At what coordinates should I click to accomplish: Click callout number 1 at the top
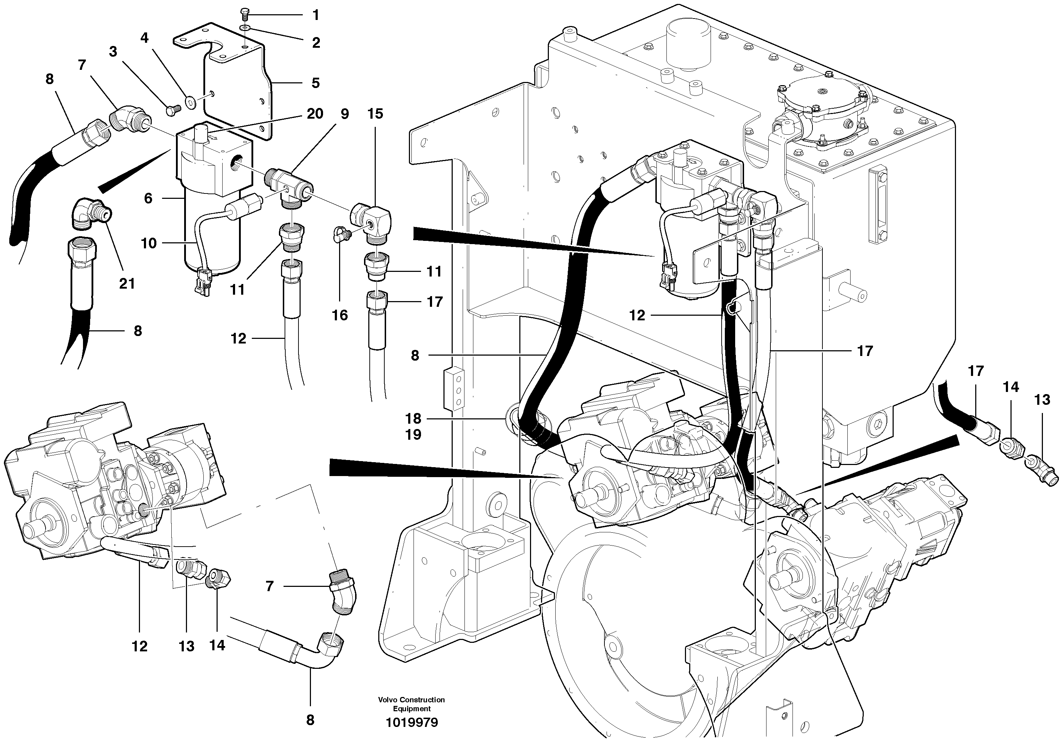[316, 15]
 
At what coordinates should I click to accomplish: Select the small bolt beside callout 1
[245, 15]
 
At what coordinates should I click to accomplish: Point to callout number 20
[315, 114]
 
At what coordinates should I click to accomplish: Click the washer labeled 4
[190, 102]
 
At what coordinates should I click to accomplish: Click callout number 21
[127, 283]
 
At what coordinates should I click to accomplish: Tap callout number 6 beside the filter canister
[148, 198]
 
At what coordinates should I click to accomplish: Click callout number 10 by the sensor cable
[149, 243]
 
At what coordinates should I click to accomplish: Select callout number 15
[375, 114]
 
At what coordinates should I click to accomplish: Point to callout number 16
[340, 315]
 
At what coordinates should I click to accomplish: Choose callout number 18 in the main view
[413, 418]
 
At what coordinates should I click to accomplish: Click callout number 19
[413, 434]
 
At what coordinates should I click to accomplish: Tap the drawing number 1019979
[412, 723]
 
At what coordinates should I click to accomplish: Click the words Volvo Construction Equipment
[411, 704]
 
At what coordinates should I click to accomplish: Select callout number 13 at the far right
[1042, 400]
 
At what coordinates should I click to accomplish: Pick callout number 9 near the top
[345, 114]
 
